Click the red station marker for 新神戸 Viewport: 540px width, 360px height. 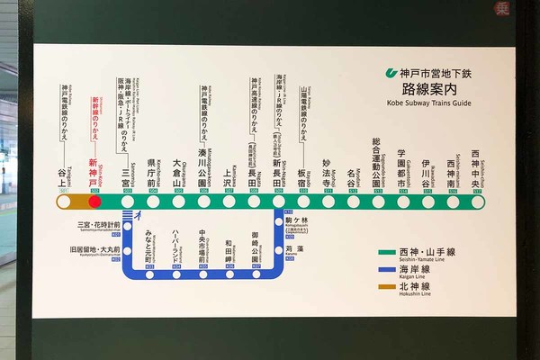click(94, 202)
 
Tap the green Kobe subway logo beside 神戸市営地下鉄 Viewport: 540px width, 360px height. click(390, 73)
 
